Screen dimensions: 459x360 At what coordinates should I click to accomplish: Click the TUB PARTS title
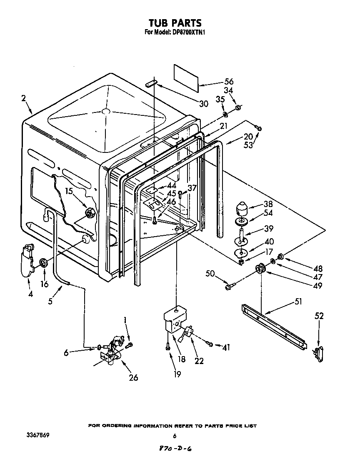pos(175,22)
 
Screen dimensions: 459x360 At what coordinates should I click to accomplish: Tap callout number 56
pos(229,82)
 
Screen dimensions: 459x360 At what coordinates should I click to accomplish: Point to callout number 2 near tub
pos(24,98)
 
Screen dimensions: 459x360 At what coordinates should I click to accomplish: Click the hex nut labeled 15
pos(90,213)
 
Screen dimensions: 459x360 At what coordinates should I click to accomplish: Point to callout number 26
pos(133,377)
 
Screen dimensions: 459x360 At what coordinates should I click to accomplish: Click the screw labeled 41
pos(211,344)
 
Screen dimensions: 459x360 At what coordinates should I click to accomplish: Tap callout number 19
pos(177,374)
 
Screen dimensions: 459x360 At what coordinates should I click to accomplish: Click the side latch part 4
pos(27,260)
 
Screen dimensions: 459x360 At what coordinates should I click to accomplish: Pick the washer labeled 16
pos(42,263)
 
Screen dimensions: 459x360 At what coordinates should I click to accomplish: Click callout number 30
pos(203,104)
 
